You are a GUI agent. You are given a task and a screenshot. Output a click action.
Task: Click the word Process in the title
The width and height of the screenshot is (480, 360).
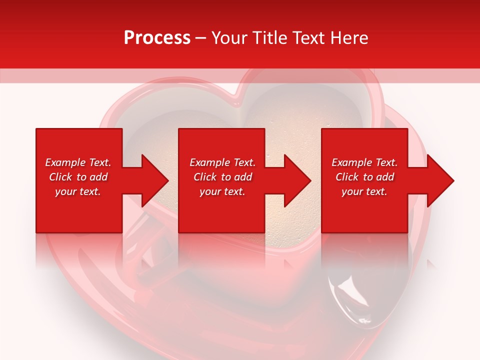(x=157, y=38)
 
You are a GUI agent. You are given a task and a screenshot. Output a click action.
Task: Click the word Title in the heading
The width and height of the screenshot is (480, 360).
(x=268, y=38)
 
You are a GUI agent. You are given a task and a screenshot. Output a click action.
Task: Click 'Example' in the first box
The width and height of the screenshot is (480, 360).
(x=65, y=162)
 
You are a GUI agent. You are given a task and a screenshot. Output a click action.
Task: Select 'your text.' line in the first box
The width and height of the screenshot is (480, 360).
(x=78, y=191)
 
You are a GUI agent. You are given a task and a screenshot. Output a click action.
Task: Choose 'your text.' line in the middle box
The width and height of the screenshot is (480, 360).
(x=222, y=191)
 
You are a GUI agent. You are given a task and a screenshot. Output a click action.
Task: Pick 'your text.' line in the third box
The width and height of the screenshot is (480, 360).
(x=364, y=191)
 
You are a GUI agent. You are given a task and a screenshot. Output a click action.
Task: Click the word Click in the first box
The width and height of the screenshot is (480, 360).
(x=60, y=177)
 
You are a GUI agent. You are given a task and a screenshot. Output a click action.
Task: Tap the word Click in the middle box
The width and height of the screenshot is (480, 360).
(x=205, y=177)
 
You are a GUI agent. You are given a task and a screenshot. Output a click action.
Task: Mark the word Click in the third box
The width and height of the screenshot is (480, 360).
(x=347, y=177)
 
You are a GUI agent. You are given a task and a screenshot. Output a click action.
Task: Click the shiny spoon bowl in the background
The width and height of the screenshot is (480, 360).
(x=352, y=295)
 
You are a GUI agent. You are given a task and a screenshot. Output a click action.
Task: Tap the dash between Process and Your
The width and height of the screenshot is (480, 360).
(x=201, y=38)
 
